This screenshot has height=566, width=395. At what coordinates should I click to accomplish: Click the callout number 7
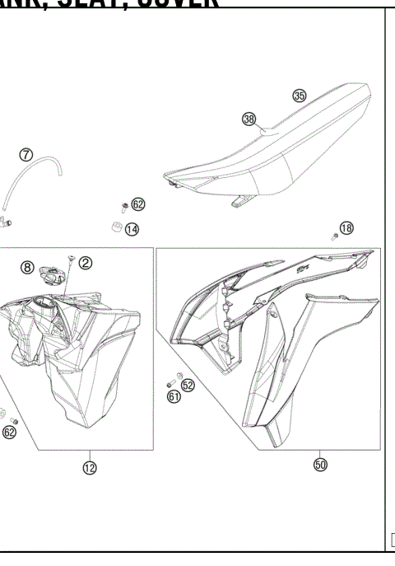[26, 154]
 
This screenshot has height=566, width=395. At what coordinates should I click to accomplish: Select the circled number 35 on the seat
[300, 96]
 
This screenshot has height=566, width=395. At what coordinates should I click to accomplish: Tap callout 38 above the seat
[249, 119]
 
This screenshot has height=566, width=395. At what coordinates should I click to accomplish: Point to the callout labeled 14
[132, 228]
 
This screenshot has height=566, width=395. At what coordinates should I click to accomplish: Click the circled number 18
[346, 227]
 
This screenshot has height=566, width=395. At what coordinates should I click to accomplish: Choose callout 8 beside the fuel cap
[27, 267]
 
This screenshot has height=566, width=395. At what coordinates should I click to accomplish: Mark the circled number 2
[86, 263]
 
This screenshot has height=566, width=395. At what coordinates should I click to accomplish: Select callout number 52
[188, 385]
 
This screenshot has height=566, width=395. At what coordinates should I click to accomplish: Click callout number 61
[174, 397]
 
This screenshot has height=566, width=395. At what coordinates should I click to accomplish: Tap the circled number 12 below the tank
[89, 468]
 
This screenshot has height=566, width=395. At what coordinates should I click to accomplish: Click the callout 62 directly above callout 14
[138, 203]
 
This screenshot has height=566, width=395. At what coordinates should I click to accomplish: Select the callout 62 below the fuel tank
[10, 431]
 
